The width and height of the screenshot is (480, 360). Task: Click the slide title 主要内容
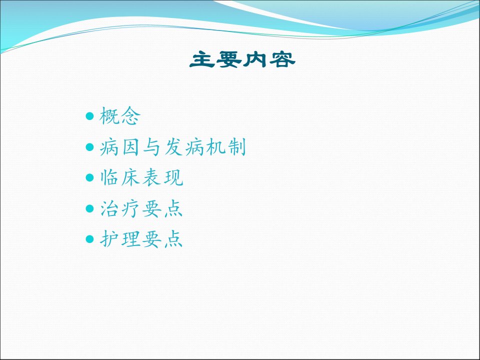click(x=242, y=59)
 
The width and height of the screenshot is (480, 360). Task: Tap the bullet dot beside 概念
click(x=89, y=116)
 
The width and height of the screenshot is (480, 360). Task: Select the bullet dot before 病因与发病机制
click(x=89, y=147)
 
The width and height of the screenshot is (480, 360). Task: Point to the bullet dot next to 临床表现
click(x=89, y=177)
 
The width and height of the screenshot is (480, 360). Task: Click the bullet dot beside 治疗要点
click(x=89, y=208)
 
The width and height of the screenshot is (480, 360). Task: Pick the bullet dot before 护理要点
click(x=89, y=239)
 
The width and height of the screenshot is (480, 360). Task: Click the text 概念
click(x=120, y=116)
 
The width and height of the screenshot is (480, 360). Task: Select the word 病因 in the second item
click(x=119, y=147)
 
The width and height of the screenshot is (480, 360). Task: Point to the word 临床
click(x=120, y=177)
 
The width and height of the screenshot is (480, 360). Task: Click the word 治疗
click(x=120, y=208)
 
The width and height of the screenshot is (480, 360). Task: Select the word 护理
click(x=120, y=239)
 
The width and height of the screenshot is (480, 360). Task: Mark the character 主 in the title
click(x=202, y=59)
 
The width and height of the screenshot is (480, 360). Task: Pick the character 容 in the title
click(x=282, y=59)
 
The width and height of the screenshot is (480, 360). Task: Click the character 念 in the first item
click(x=130, y=116)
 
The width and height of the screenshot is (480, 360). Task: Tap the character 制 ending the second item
click(x=236, y=147)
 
